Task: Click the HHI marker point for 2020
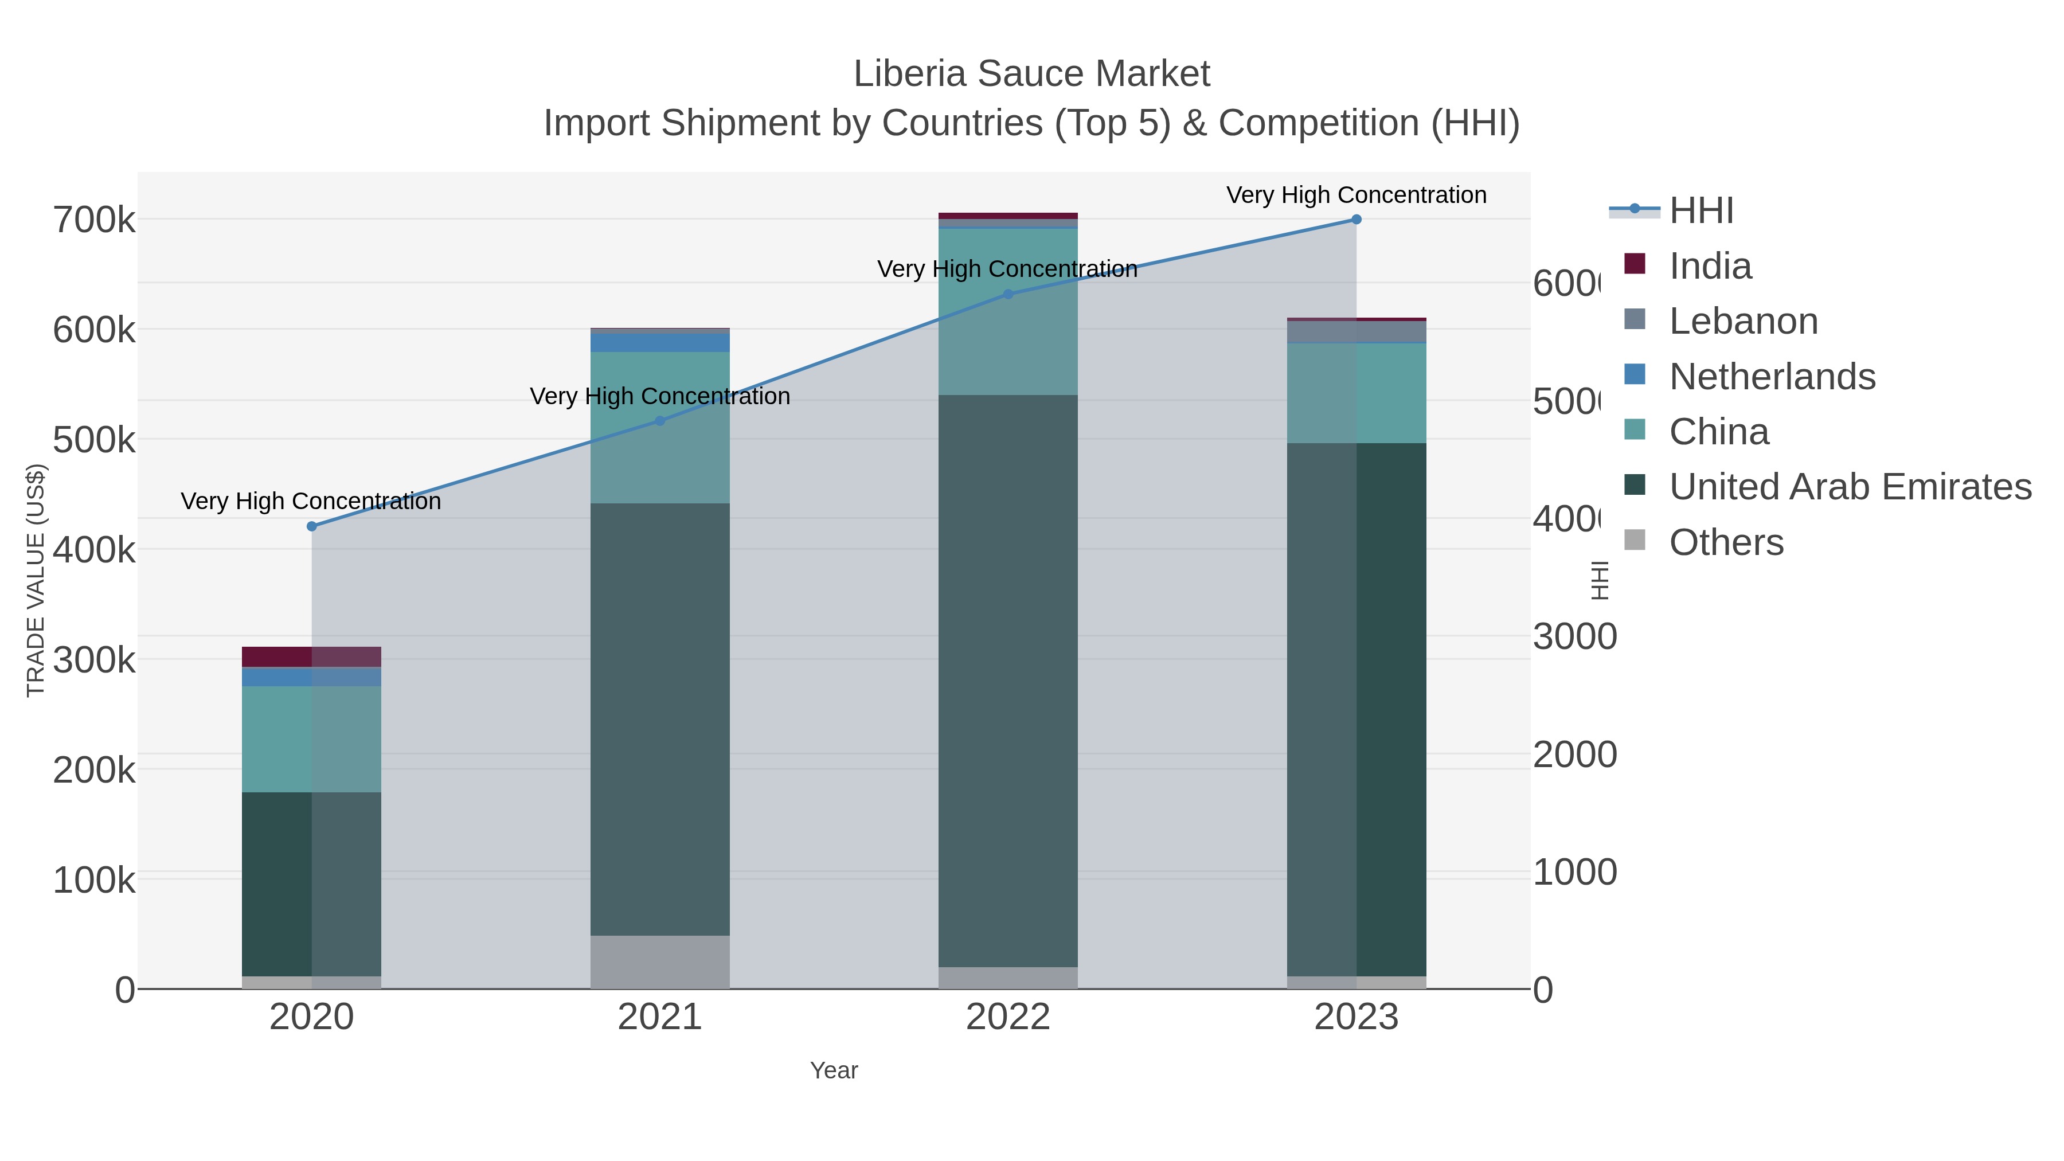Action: point(312,526)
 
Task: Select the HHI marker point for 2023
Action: point(1357,220)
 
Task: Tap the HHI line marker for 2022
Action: point(1008,294)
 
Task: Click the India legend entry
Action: point(1709,266)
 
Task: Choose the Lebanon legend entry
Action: point(1743,321)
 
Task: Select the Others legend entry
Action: point(1726,542)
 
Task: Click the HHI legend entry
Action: point(1701,211)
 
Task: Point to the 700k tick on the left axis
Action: point(94,220)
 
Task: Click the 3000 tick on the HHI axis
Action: point(1574,637)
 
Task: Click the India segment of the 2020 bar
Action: point(312,656)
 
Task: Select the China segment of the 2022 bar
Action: point(1008,312)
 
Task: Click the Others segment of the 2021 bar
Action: point(659,961)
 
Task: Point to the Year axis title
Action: point(833,1070)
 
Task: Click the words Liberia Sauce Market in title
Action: point(1031,74)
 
